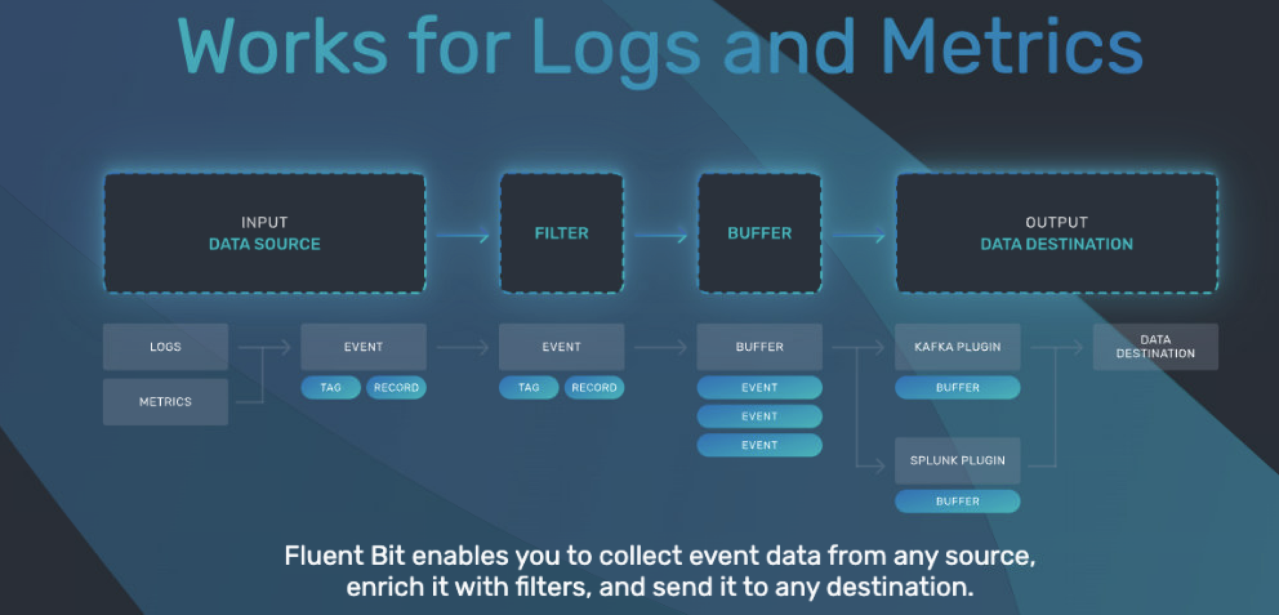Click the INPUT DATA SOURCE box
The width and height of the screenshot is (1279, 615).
(x=264, y=233)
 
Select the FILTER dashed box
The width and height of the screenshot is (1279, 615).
(x=561, y=233)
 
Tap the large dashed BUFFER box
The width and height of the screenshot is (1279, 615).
(x=759, y=233)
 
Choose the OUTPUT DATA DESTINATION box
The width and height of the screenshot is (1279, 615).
(x=1057, y=233)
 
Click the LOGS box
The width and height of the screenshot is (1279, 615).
(x=165, y=347)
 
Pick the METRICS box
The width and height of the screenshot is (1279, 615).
(x=165, y=402)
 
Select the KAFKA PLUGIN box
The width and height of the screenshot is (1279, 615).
(x=957, y=347)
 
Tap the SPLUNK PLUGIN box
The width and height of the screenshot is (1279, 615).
(x=957, y=460)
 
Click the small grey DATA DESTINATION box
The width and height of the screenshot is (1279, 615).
(x=1155, y=347)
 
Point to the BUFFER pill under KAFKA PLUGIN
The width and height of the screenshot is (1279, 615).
(x=957, y=387)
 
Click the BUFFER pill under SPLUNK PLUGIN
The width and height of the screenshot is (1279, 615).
(x=957, y=501)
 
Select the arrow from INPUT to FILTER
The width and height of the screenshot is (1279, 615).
(x=463, y=236)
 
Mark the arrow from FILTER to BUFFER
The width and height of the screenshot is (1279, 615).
(x=661, y=236)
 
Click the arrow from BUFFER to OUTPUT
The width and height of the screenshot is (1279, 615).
(x=859, y=236)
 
